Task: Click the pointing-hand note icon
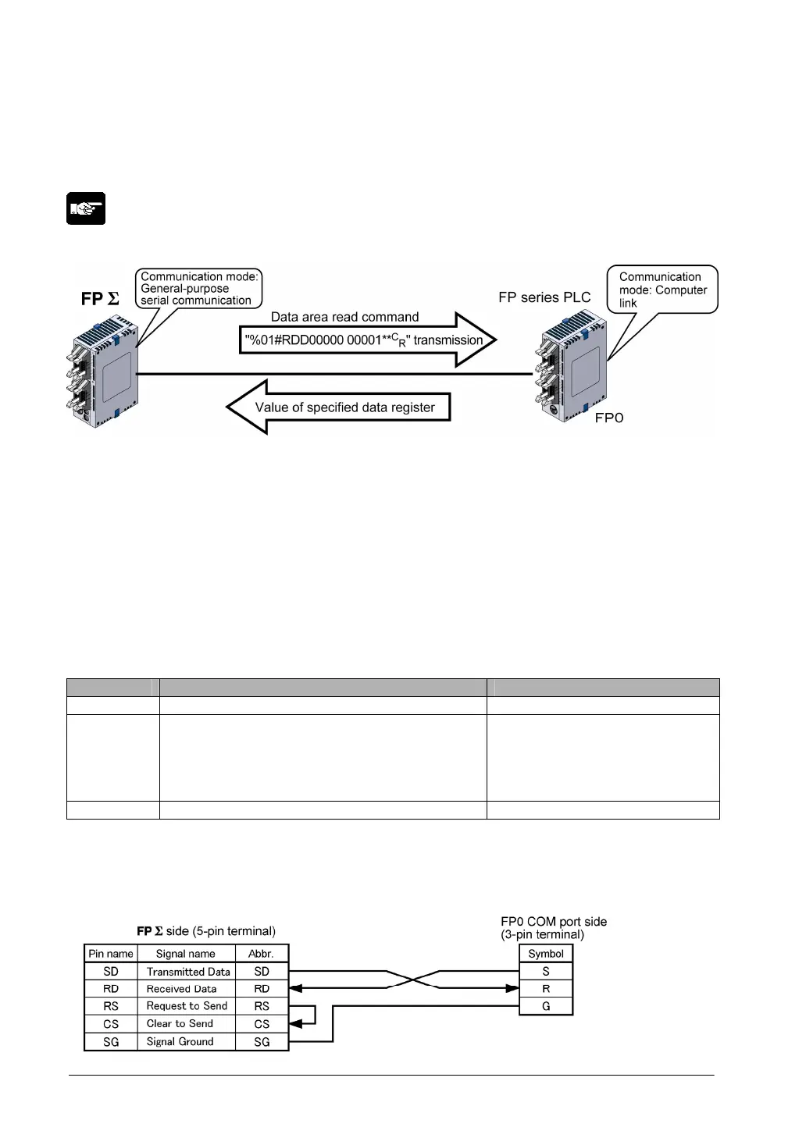click(x=86, y=208)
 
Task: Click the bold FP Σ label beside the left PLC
click(x=101, y=299)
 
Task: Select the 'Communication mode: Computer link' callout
click(x=662, y=290)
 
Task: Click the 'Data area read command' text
click(x=344, y=317)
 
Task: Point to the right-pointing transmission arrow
click(x=367, y=340)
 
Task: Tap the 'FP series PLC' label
click(x=544, y=297)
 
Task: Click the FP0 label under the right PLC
click(x=609, y=418)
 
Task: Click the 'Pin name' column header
click(x=111, y=953)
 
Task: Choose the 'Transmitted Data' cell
click(x=188, y=972)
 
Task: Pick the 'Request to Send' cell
click(x=187, y=1006)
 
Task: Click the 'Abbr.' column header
click(x=261, y=953)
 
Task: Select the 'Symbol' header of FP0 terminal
click(x=546, y=953)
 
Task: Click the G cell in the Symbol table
click(x=546, y=1006)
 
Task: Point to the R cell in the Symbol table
click(x=546, y=989)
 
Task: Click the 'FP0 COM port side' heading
click(x=554, y=922)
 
